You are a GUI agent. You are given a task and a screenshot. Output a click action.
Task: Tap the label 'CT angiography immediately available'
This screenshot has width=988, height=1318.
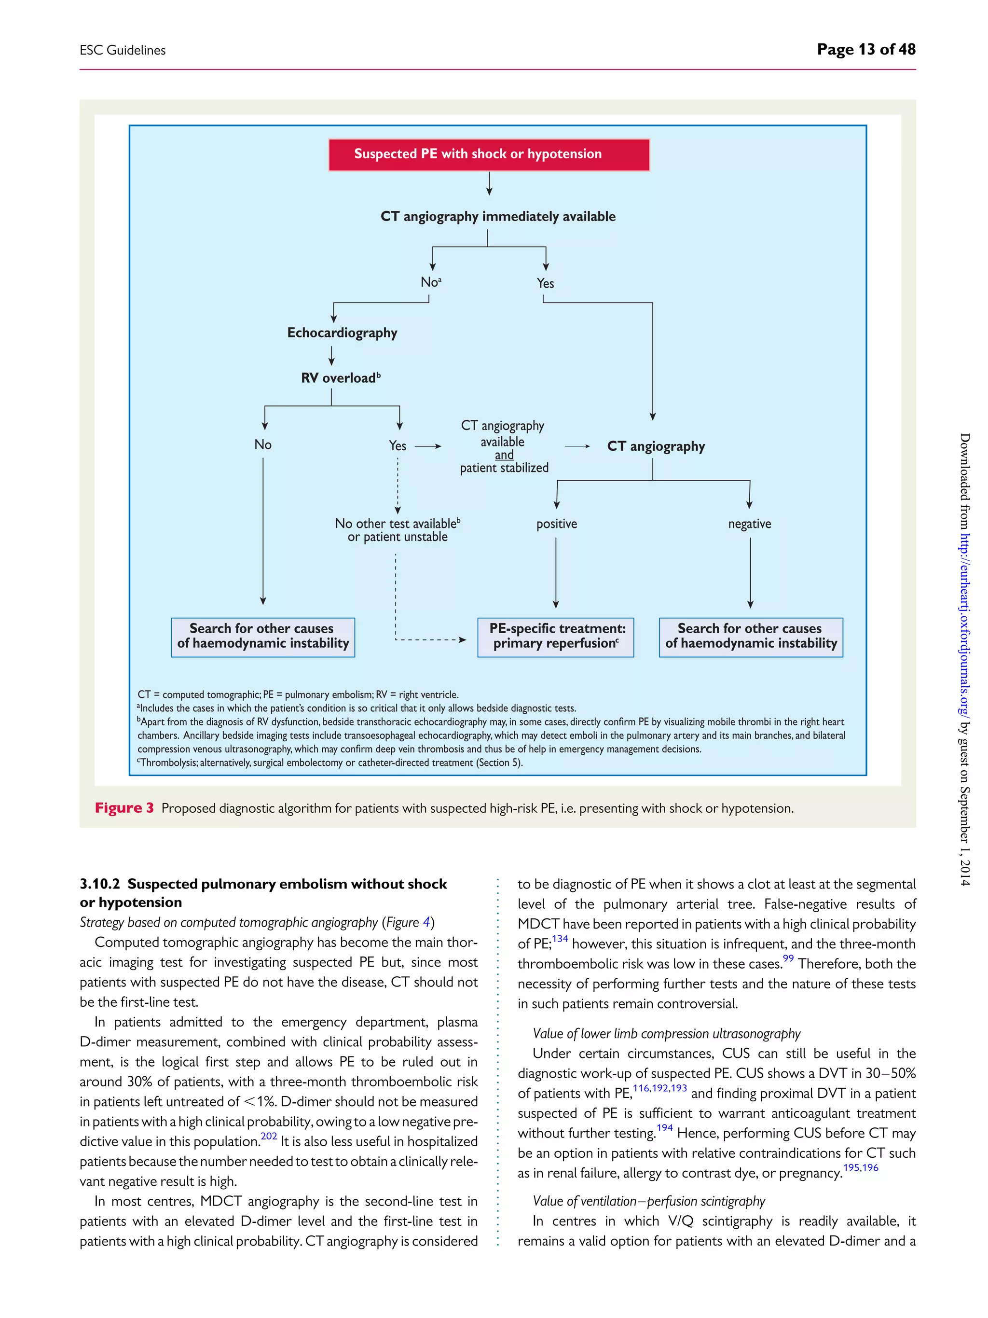click(498, 216)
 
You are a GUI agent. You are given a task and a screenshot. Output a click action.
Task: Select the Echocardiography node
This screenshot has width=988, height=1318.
click(342, 333)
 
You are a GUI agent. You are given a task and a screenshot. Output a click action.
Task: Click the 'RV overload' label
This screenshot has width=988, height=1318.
click(340, 378)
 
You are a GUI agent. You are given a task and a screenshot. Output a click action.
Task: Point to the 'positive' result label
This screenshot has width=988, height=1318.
click(556, 524)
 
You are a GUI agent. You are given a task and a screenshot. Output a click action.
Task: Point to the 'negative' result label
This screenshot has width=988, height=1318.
click(749, 524)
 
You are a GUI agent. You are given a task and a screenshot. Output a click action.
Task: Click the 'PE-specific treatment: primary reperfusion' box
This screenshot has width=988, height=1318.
click(556, 637)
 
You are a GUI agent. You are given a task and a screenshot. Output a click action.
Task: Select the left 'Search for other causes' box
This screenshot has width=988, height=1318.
click(262, 637)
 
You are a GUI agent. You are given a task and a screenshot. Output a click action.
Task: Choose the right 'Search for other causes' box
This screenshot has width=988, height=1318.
click(750, 637)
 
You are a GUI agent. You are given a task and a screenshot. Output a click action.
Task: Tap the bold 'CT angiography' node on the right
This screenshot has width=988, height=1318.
click(656, 446)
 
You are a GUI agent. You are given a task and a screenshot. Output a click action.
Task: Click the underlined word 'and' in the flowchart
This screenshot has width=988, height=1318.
click(504, 455)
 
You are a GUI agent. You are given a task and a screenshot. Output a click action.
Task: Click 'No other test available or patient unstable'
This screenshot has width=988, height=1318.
click(397, 530)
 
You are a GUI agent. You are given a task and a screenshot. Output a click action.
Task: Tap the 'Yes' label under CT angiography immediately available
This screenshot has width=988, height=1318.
click(545, 284)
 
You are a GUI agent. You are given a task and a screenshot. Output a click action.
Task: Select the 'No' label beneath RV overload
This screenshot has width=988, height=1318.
click(262, 444)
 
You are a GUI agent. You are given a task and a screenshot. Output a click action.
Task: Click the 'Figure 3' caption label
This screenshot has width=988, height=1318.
click(124, 808)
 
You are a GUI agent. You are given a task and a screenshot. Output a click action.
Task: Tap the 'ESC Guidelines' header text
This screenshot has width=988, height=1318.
click(123, 51)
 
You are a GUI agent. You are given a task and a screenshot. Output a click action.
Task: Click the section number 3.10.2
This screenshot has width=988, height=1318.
click(99, 884)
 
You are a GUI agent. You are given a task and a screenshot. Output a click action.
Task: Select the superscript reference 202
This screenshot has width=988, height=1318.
click(269, 1136)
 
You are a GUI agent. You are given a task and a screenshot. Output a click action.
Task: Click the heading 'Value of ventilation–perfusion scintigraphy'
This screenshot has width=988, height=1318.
click(648, 1201)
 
